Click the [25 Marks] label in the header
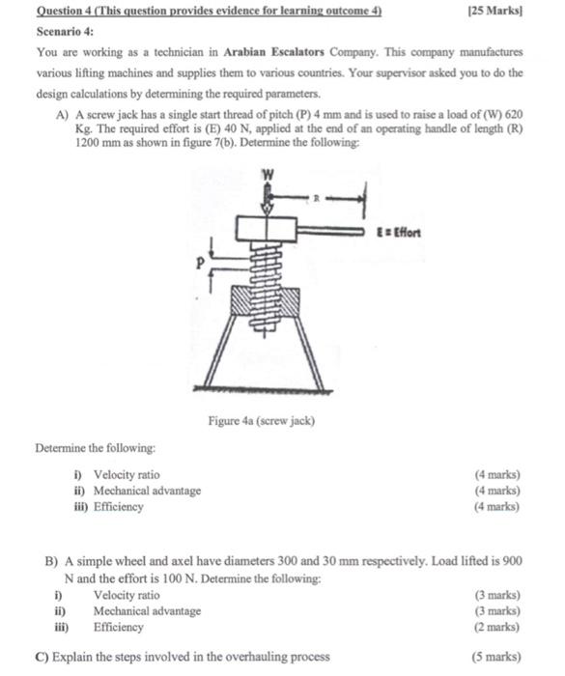[495, 11]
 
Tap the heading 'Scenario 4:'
[65, 32]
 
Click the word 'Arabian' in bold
[244, 52]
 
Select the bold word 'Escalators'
[297, 52]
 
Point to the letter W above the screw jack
[268, 175]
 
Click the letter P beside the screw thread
[199, 263]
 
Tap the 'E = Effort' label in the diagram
[399, 233]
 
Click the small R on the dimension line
[316, 198]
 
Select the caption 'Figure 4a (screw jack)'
[262, 421]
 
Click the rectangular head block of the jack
[267, 229]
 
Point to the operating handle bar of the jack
[331, 232]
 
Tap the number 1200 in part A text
[88, 143]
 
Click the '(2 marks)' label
[497, 627]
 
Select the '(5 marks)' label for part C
[496, 657]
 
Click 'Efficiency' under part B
[119, 627]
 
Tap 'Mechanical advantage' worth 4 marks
[148, 491]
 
